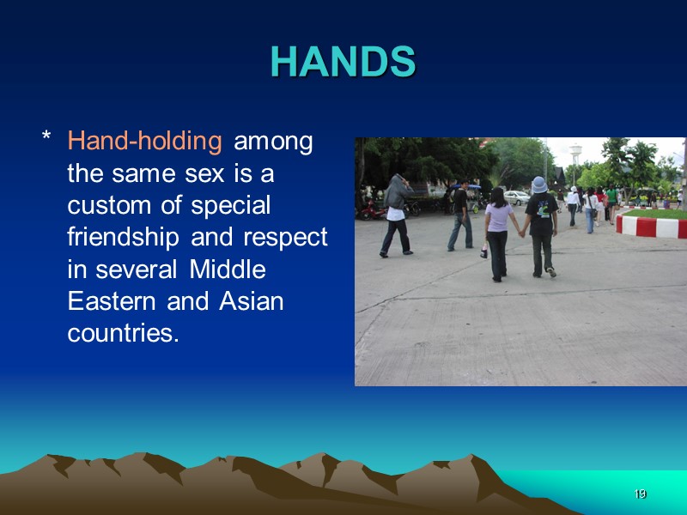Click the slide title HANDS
343,62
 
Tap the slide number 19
639,494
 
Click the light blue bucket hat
539,184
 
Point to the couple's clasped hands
520,232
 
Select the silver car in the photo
516,197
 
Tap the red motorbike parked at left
373,209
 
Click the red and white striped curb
651,227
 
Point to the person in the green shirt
611,205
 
